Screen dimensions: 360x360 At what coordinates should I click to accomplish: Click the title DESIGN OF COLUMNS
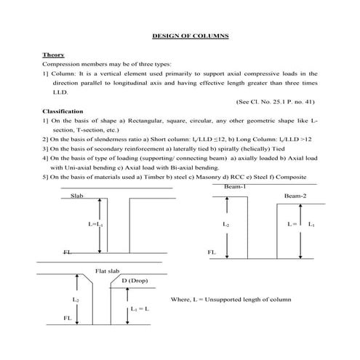[191, 35]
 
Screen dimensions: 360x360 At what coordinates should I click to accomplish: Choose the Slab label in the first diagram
[76, 196]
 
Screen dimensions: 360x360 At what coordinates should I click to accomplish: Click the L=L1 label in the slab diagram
[96, 225]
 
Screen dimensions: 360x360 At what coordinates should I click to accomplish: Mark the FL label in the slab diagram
[67, 252]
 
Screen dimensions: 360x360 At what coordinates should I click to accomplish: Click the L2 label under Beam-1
[226, 225]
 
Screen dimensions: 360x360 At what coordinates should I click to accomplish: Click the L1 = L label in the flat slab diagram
[140, 309]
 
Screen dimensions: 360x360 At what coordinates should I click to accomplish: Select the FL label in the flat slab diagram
[66, 318]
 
